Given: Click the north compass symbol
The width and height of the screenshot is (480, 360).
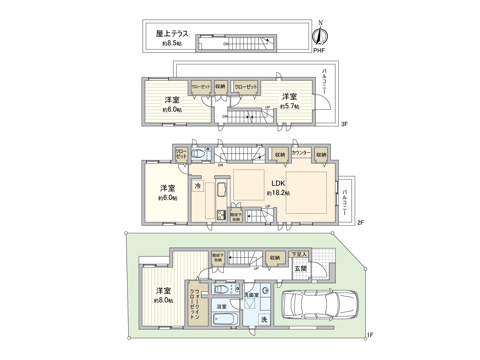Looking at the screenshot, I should pyautogui.click(x=320, y=35).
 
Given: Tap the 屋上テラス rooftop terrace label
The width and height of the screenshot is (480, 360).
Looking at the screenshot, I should pyautogui.click(x=172, y=34).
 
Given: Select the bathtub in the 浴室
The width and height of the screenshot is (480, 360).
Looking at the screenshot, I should pyautogui.click(x=225, y=319).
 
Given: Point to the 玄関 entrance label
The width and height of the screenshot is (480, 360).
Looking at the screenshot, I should pyautogui.click(x=300, y=268).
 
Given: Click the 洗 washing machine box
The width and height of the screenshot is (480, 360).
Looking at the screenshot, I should pyautogui.click(x=264, y=319).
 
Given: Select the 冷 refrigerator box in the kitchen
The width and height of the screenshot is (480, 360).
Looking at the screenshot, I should pyautogui.click(x=198, y=186).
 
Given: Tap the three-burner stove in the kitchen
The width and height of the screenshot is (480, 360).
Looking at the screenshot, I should pyautogui.click(x=222, y=215).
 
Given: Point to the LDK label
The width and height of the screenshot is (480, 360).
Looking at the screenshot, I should pyautogui.click(x=278, y=183).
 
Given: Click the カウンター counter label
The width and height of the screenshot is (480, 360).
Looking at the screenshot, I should pyautogui.click(x=301, y=153).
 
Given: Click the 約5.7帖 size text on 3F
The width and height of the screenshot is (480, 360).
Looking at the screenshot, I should pyautogui.click(x=289, y=106).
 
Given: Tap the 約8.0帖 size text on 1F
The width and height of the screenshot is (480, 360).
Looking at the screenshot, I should pyautogui.click(x=163, y=300).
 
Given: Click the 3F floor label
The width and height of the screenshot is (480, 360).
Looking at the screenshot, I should pyautogui.click(x=344, y=124).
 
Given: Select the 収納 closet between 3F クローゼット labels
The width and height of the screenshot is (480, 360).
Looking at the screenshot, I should pyautogui.click(x=220, y=86).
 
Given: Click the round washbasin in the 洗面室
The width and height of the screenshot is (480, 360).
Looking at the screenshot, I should pyautogui.click(x=265, y=290).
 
